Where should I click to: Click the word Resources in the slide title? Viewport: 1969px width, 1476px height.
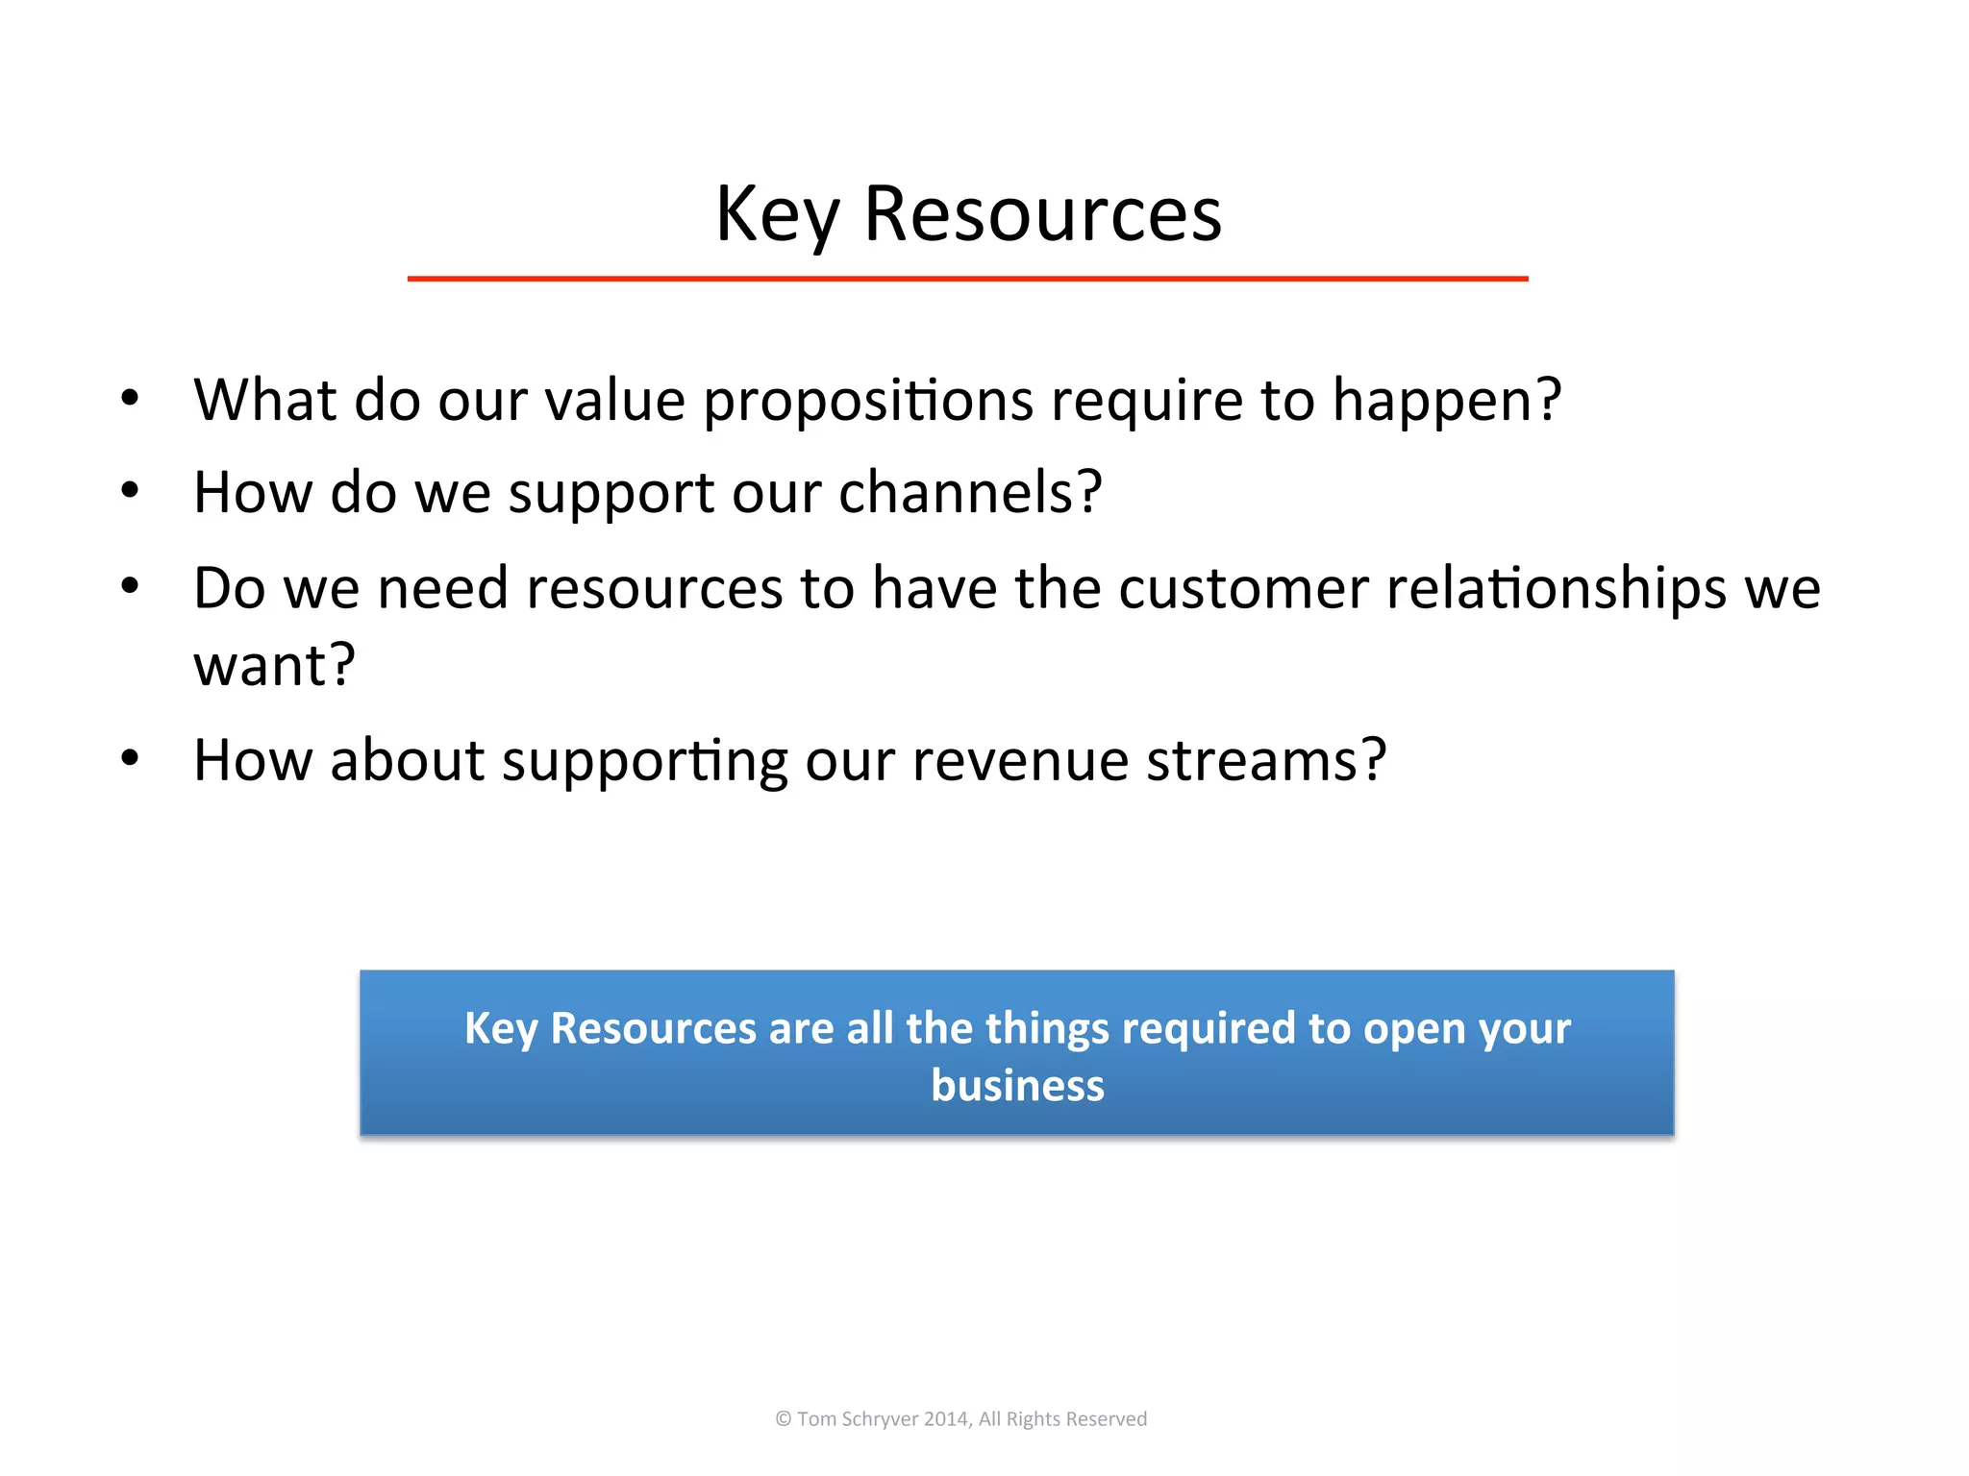1042,213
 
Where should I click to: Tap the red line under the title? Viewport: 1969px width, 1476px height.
967,279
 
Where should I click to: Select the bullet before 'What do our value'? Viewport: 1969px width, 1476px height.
131,398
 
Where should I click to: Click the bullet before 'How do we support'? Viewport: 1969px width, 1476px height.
131,491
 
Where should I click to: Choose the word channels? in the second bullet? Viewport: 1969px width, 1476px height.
969,493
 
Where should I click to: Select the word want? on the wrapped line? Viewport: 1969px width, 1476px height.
274,665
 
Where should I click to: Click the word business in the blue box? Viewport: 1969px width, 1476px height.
1017,1086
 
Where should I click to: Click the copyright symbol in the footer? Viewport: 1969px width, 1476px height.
784,1419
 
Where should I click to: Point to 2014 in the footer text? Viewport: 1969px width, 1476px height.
946,1419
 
